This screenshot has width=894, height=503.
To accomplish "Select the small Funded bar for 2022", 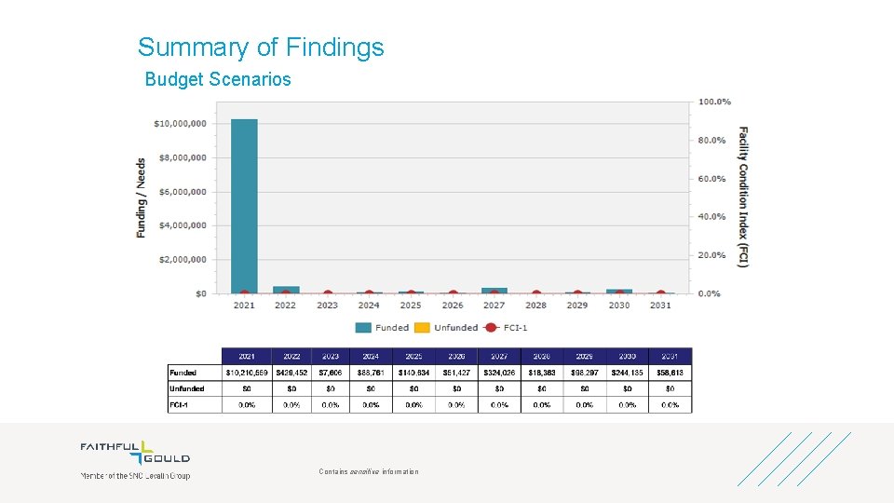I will tap(286, 290).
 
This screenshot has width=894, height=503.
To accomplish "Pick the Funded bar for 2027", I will tap(494, 291).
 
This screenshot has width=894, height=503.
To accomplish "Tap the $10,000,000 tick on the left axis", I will tap(181, 123).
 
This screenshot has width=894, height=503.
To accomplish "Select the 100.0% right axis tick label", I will tap(714, 102).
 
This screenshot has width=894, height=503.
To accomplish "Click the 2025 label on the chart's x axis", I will tap(411, 306).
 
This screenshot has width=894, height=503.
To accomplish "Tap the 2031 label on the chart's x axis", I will tap(660, 306).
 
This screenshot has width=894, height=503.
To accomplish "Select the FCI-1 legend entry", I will tap(510, 328).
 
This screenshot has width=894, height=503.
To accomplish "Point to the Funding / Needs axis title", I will tap(142, 197).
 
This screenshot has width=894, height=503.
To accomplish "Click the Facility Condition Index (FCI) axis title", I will tap(743, 197).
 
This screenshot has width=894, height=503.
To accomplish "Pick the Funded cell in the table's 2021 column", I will tap(247, 373).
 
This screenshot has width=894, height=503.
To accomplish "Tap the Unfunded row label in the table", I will tap(187, 388).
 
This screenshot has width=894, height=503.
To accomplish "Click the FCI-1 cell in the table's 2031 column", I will tap(670, 405).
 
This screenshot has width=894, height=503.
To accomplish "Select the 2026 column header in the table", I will tap(456, 356).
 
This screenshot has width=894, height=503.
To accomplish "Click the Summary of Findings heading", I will tap(261, 48).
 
